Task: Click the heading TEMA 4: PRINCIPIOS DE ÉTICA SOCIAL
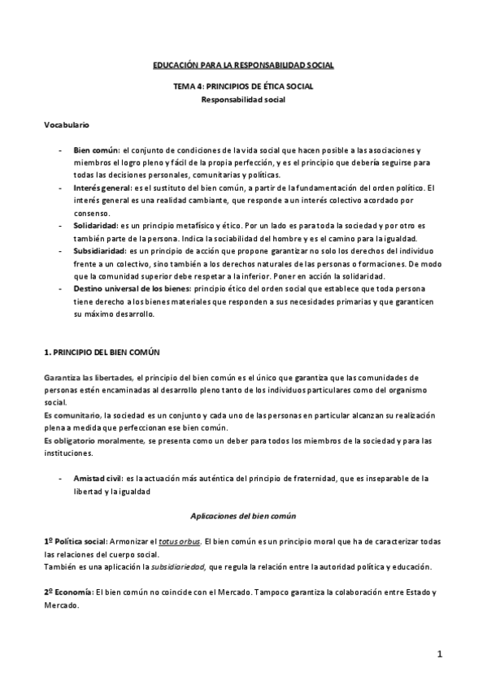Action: [x=243, y=86]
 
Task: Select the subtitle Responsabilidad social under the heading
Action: [x=243, y=100]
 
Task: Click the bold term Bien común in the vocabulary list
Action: [x=95, y=150]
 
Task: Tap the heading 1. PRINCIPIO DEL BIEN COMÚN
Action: [x=102, y=353]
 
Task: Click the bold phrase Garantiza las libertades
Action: [x=89, y=378]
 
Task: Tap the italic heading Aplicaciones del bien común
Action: [x=243, y=516]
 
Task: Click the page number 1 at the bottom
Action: [x=438, y=654]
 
